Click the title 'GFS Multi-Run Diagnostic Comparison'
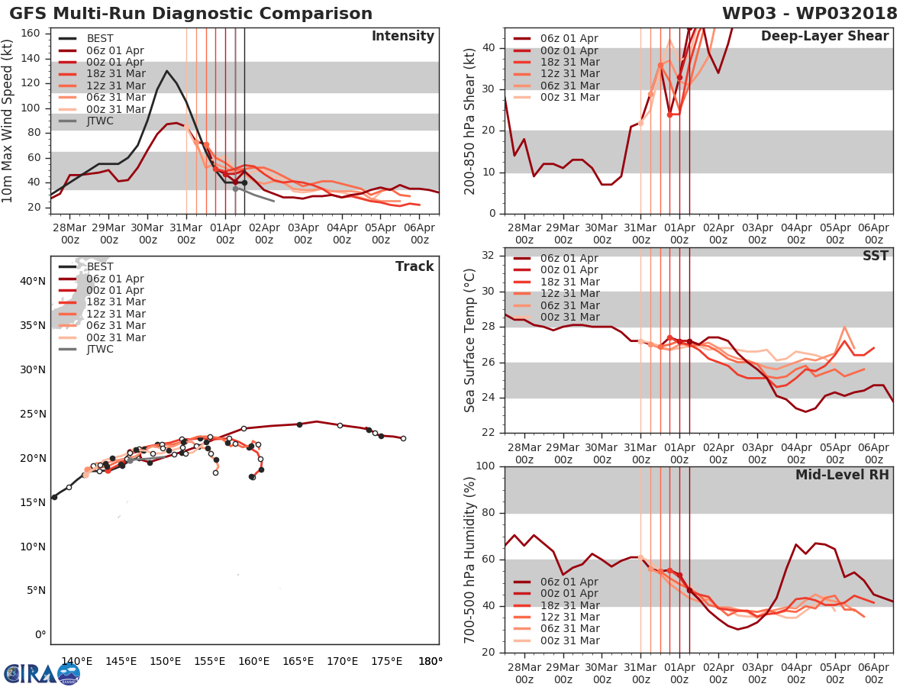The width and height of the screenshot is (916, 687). point(191,14)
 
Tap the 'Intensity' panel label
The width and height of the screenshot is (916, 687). point(402,37)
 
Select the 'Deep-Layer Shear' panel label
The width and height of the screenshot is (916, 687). point(824,37)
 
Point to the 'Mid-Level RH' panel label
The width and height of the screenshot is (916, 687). point(842,475)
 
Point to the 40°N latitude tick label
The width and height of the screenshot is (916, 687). point(33,281)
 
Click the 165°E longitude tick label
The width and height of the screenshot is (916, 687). point(298,661)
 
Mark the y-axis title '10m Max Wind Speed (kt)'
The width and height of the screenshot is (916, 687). point(8,121)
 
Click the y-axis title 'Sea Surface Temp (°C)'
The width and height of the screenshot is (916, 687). point(470,340)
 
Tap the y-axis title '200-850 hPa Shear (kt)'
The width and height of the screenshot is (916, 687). point(470,121)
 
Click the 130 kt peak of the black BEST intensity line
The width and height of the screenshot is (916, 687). point(166,71)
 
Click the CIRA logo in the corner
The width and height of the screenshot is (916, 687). point(42,673)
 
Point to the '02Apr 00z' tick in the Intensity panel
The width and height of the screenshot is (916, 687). point(264,233)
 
